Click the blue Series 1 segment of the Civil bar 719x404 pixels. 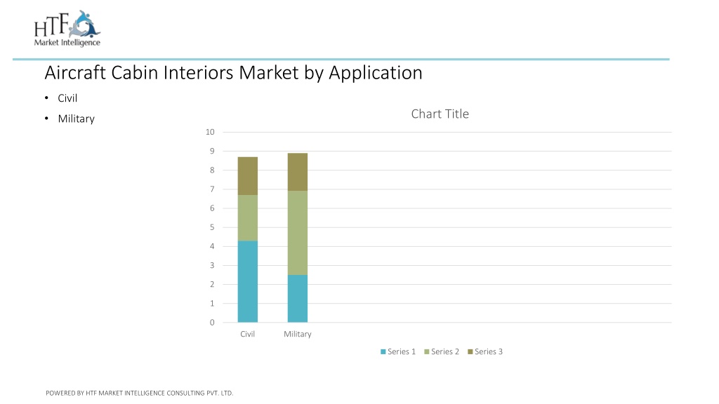point(248,281)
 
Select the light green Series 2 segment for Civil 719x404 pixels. point(248,218)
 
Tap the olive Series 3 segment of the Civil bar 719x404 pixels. point(248,176)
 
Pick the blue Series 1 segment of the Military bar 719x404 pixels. point(298,298)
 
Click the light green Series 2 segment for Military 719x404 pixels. point(298,233)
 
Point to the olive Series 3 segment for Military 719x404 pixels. point(298,172)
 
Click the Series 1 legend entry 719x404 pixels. point(398,351)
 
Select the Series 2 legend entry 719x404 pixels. point(442,351)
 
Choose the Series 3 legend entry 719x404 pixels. point(485,351)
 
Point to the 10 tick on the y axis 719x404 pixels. point(210,132)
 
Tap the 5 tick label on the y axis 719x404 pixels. point(212,227)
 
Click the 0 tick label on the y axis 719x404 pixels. point(212,323)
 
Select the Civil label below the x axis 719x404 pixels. point(248,334)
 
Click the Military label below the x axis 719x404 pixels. point(298,335)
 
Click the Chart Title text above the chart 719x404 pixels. point(440,114)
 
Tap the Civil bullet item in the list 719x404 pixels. point(67,98)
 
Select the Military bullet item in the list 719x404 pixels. point(76,119)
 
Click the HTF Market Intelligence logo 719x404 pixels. point(67,28)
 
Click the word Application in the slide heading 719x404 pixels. point(376,73)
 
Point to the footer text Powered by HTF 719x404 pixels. point(140,393)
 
